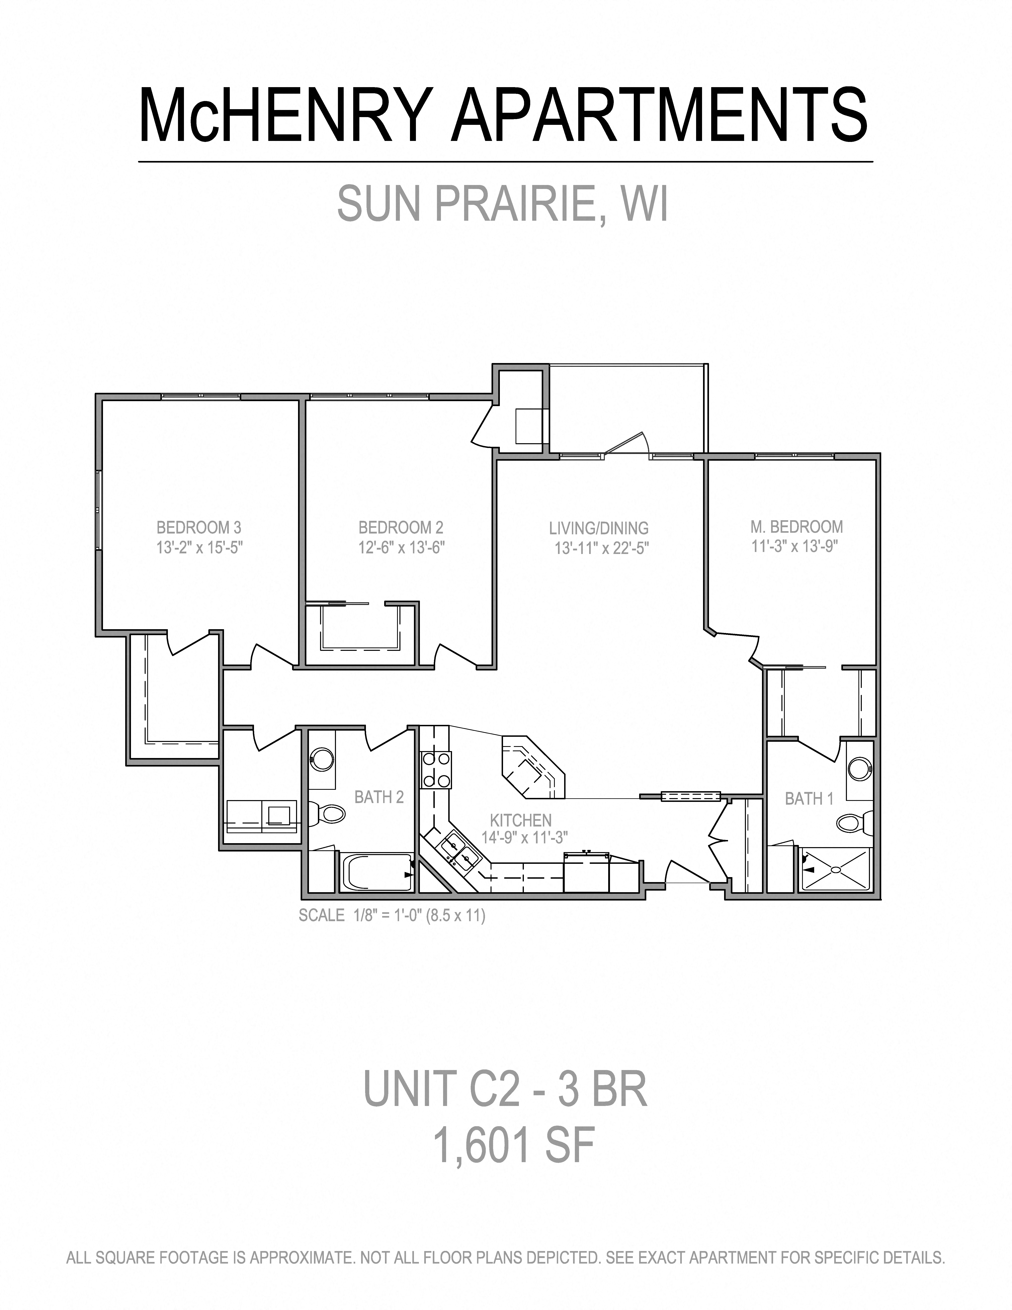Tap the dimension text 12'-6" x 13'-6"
(401, 548)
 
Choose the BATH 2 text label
(379, 797)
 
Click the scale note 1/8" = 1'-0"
(392, 915)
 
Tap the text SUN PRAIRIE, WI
(502, 204)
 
